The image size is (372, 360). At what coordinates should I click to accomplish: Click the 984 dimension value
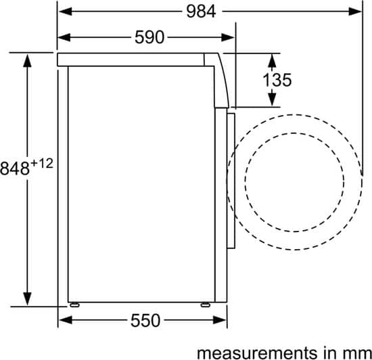(201, 12)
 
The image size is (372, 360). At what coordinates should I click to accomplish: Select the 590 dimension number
(149, 37)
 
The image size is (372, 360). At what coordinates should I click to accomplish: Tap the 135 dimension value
(277, 80)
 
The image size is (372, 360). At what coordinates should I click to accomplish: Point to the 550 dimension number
(145, 320)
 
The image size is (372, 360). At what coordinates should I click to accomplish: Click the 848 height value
(15, 168)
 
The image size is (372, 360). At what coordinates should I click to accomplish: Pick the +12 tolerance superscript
(42, 163)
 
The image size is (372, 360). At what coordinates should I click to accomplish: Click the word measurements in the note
(257, 353)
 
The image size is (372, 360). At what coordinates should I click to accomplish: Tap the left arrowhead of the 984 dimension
(66, 11)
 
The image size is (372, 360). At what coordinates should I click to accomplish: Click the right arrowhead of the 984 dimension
(355, 11)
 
